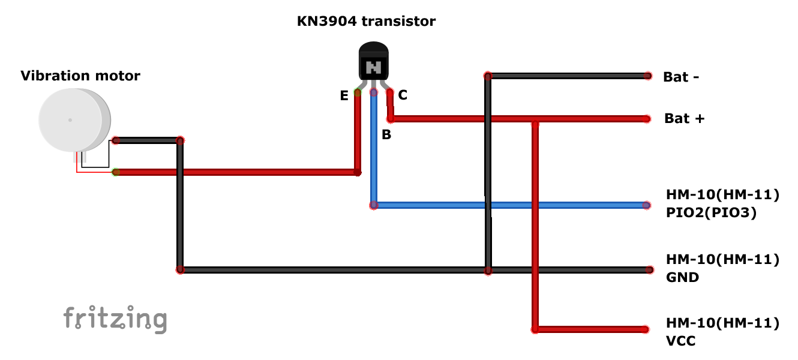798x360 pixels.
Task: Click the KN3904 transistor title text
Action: pyautogui.click(x=366, y=22)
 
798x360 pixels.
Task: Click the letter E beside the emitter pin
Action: pyautogui.click(x=344, y=96)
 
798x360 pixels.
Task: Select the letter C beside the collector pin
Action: pyautogui.click(x=403, y=95)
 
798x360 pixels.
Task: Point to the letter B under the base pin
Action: pyautogui.click(x=386, y=135)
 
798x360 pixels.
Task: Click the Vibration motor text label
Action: pyautogui.click(x=80, y=76)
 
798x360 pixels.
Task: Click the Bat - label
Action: pyautogui.click(x=681, y=77)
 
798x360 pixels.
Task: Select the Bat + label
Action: pyautogui.click(x=684, y=119)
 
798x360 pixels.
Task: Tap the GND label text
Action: pyautogui.click(x=682, y=278)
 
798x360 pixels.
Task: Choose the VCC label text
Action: pyautogui.click(x=680, y=341)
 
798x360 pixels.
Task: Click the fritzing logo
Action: pyautogui.click(x=115, y=319)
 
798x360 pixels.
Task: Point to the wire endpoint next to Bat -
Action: pyautogui.click(x=647, y=76)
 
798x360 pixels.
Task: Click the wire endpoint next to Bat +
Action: pyautogui.click(x=647, y=119)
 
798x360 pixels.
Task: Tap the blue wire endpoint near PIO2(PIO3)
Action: pyautogui.click(x=646, y=205)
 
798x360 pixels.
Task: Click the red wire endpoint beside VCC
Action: pyautogui.click(x=645, y=329)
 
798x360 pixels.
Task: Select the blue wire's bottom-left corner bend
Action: pyautogui.click(x=374, y=205)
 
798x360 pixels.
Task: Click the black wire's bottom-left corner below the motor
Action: pyautogui.click(x=180, y=270)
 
